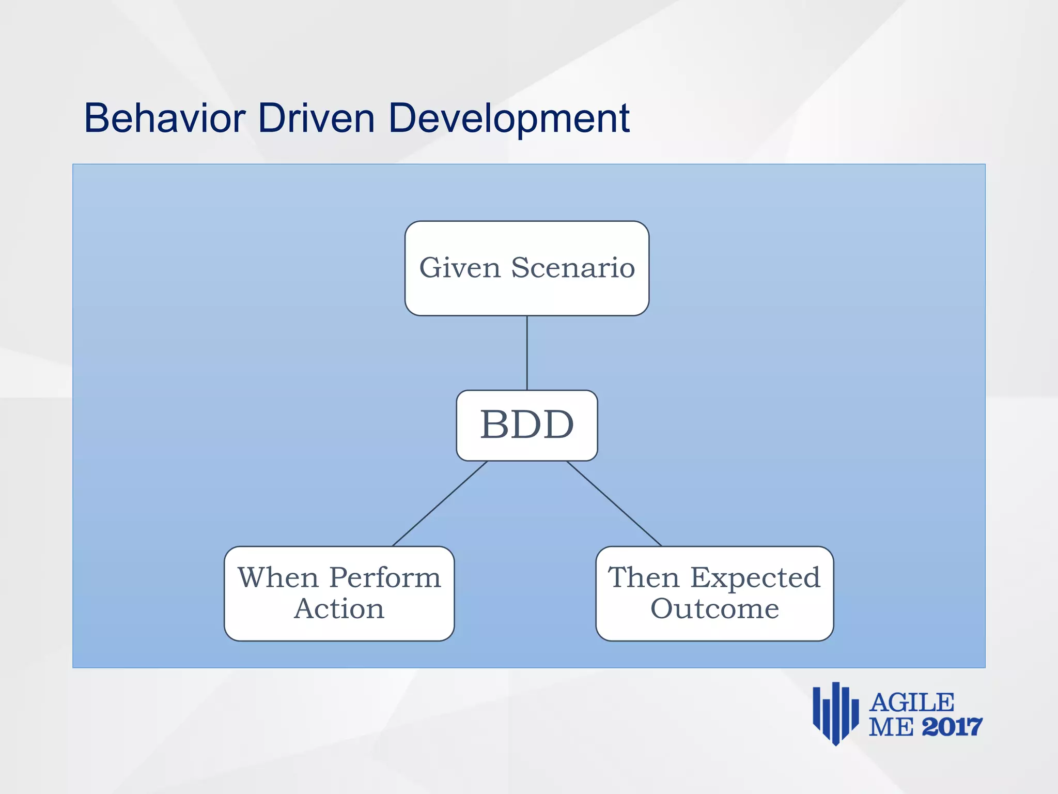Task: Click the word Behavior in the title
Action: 164,118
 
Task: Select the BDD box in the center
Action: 527,425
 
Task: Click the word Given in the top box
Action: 460,268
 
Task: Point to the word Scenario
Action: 573,268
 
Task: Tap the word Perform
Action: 385,577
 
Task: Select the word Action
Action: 339,608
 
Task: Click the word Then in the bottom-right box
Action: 643,577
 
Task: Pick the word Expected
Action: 755,577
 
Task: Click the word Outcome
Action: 714,608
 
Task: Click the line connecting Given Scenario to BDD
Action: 527,353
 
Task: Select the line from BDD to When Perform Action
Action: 440,503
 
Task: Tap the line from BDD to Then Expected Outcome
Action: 614,503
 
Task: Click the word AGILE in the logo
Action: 912,703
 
